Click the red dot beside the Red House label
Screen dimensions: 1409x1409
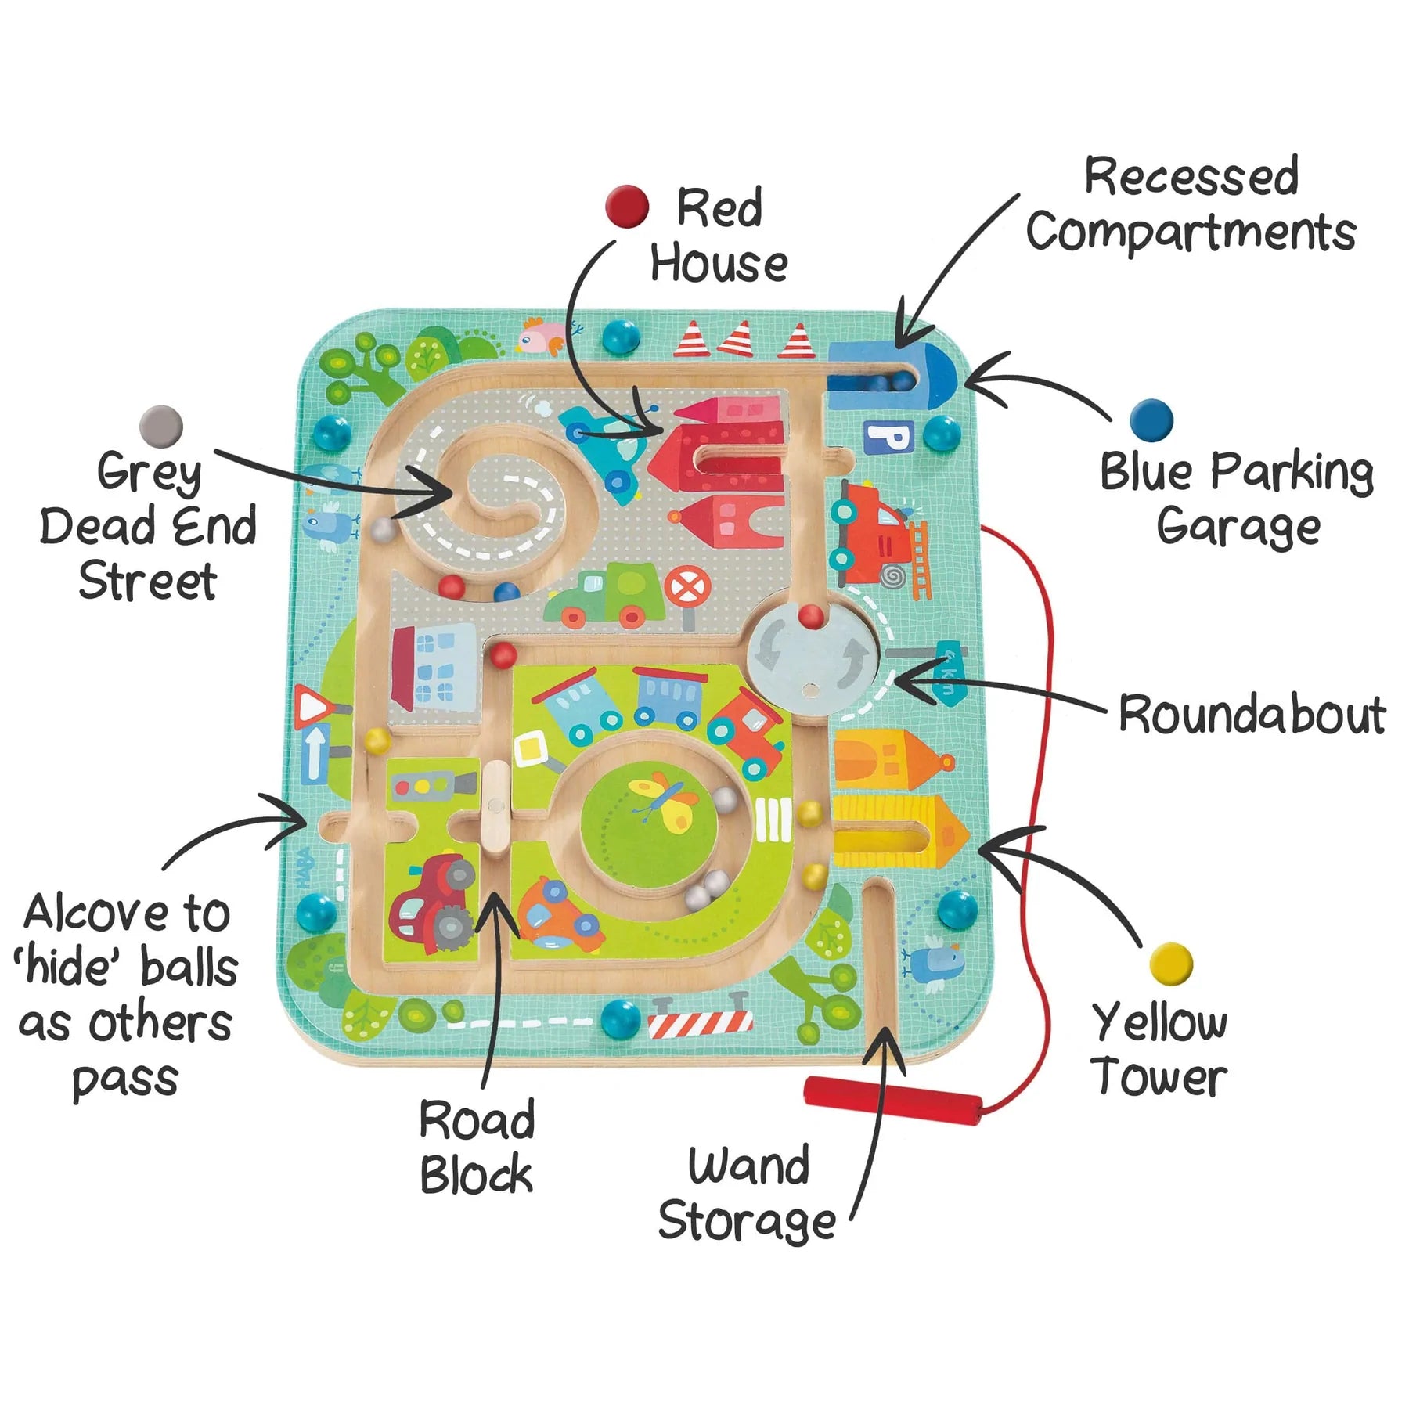[x=627, y=207]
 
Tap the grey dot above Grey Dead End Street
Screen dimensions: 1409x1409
[x=161, y=427]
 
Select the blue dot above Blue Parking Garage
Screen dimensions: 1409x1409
[x=1151, y=420]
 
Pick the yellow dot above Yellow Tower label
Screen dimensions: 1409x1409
[x=1171, y=964]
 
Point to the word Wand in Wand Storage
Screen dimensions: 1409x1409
[x=748, y=1166]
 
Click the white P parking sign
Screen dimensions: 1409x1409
[x=888, y=437]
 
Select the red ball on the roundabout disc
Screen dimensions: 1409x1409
[x=812, y=617]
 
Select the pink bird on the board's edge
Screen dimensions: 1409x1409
[x=541, y=336]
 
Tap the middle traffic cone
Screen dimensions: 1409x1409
[x=737, y=340]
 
